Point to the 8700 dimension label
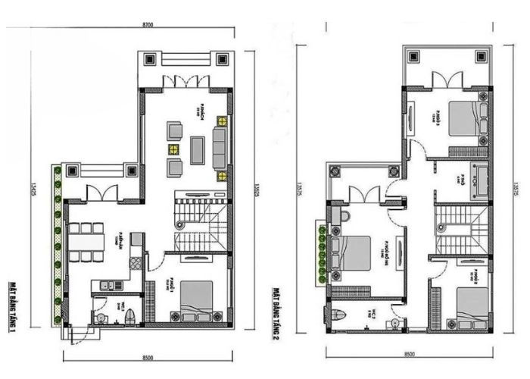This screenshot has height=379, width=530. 148,26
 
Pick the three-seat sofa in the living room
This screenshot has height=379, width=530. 220,147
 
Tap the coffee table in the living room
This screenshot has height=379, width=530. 198,149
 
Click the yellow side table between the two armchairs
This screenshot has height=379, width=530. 175,149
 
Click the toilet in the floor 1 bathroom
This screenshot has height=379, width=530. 129,314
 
